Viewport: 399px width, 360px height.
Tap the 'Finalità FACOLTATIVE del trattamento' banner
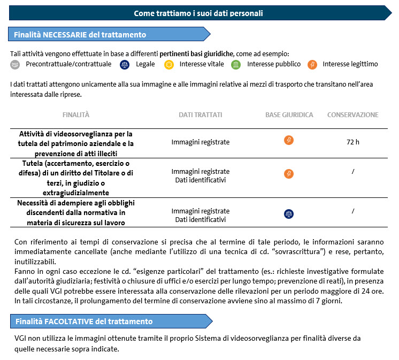point(83,321)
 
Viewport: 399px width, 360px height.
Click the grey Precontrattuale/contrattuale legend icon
point(15,64)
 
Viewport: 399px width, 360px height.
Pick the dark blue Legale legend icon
point(125,64)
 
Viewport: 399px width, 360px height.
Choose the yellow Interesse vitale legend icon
point(169,64)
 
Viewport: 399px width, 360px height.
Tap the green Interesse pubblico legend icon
point(236,64)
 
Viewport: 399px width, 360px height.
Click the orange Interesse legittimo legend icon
point(312,64)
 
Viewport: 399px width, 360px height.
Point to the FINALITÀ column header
point(76,115)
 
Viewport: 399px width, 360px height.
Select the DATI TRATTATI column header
point(201,115)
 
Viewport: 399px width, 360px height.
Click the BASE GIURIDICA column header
point(289,115)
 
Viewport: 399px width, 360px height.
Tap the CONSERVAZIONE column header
point(353,115)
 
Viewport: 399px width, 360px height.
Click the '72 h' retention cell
point(353,142)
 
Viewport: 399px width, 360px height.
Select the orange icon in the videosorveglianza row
point(289,141)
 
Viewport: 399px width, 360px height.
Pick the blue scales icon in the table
point(289,213)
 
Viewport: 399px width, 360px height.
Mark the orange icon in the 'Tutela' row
point(289,174)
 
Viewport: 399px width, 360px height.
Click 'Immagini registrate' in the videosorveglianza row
point(201,142)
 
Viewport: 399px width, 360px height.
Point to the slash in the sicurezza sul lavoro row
point(353,211)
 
